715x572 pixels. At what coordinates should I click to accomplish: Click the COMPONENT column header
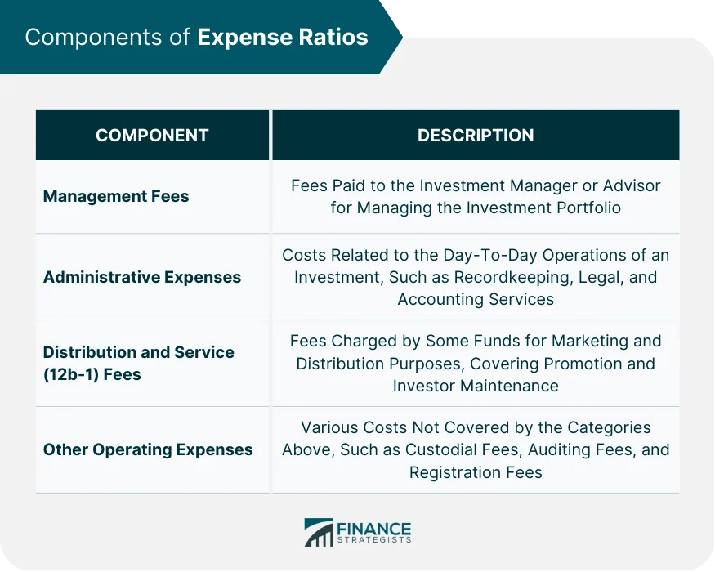[x=152, y=136]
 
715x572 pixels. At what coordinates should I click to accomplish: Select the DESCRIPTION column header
[x=476, y=136]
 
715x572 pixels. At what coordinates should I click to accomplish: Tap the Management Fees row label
[x=116, y=196]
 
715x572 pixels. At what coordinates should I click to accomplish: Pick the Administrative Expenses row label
[x=142, y=277]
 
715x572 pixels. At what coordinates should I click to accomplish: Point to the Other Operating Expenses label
[x=148, y=449]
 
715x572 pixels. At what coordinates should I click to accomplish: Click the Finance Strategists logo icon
[x=319, y=532]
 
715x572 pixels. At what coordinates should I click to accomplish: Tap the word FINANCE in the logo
[x=374, y=528]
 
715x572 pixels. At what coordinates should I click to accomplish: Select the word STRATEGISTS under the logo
[x=374, y=540]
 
